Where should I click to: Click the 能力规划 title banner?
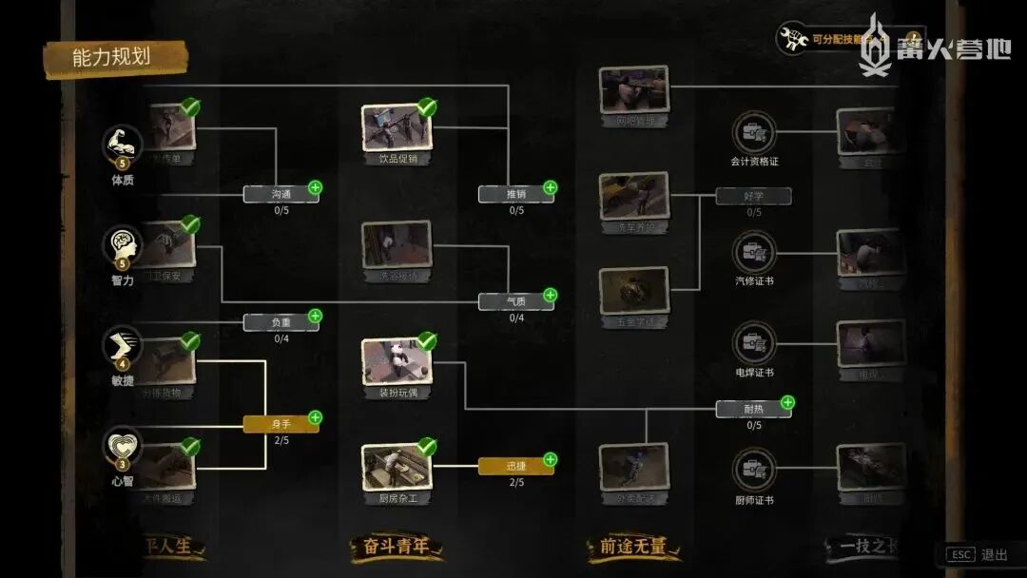(x=112, y=57)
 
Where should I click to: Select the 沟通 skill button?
(x=280, y=194)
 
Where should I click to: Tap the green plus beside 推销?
(x=550, y=187)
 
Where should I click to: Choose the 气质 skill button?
(x=515, y=301)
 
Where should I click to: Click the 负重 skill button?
(x=280, y=322)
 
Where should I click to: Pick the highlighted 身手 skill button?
(x=280, y=424)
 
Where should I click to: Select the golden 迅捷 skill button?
(x=515, y=466)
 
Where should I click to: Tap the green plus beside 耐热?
(x=787, y=402)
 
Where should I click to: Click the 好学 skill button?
(x=753, y=196)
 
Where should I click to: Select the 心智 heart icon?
(x=122, y=446)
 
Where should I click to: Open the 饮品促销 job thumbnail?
(x=397, y=126)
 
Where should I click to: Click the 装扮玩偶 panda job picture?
(x=397, y=361)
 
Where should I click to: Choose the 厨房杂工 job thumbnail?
(x=397, y=467)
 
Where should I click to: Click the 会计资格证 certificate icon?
(x=754, y=132)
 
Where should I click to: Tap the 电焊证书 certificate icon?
(x=754, y=342)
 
